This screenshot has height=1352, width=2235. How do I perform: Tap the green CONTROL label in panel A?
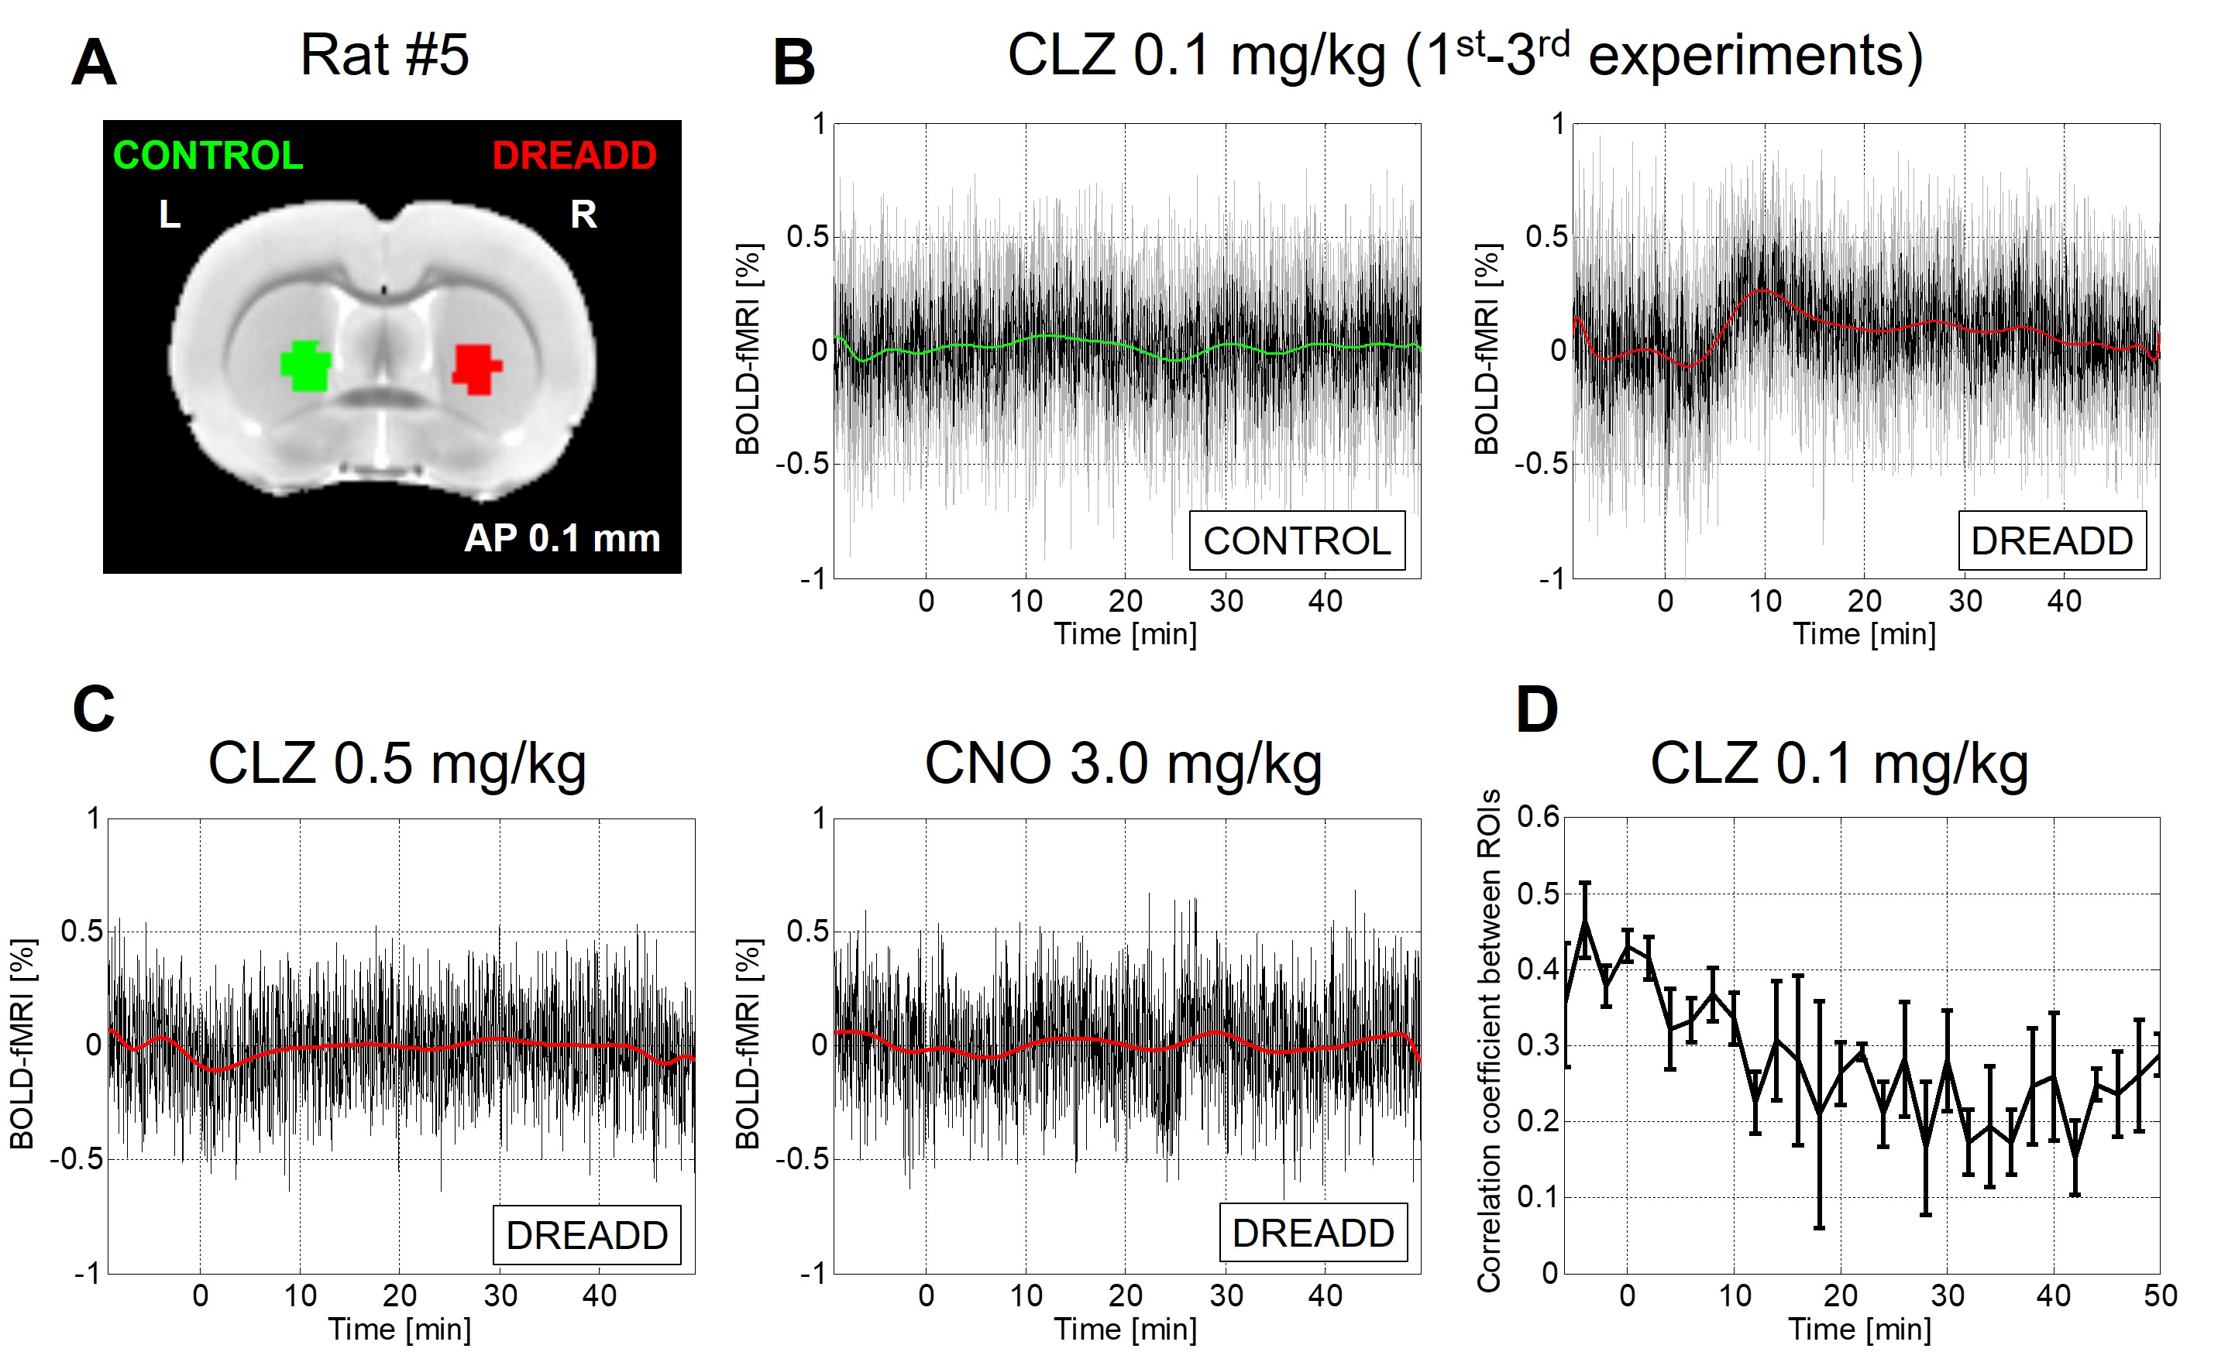tap(208, 156)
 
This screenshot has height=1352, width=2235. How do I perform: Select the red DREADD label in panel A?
tap(574, 156)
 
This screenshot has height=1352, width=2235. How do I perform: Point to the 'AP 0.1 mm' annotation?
tap(562, 539)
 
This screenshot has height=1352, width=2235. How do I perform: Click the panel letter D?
tap(1536, 710)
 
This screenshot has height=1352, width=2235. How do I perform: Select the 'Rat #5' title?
tap(383, 55)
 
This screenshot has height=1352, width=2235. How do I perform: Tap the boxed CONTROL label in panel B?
tap(1296, 541)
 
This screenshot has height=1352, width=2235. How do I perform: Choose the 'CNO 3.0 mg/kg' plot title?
tap(1123, 764)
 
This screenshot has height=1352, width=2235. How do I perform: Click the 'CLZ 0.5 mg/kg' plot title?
tap(397, 764)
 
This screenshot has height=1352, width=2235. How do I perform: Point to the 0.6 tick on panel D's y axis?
tap(1539, 817)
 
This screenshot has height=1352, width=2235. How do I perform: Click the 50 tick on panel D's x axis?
tap(2160, 1295)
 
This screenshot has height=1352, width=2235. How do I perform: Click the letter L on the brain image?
tap(170, 215)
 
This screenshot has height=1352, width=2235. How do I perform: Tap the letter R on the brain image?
tap(583, 215)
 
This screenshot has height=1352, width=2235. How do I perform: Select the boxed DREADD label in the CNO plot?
tap(1312, 1234)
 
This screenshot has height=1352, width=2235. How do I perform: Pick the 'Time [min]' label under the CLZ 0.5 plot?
tap(399, 1330)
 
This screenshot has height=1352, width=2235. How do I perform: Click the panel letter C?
tap(94, 710)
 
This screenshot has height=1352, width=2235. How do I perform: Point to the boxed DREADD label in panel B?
tap(2051, 541)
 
